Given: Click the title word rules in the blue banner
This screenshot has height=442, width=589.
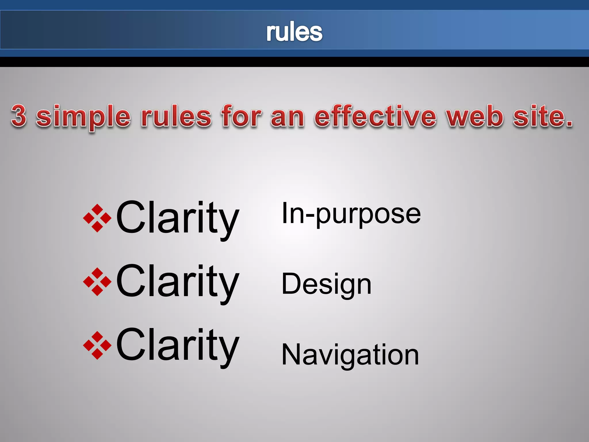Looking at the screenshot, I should coord(294,32).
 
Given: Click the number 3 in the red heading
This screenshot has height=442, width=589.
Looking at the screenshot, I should coord(19,116).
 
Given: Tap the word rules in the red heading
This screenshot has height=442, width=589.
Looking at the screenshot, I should coord(176,116).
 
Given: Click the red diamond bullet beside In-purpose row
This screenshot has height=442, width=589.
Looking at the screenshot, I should coord(97,218).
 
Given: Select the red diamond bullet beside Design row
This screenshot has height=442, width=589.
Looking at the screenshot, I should coord(97,282).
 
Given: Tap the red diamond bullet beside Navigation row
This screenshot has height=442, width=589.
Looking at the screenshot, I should coord(97,345).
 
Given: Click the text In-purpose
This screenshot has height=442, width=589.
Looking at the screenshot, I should coord(351,214).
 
